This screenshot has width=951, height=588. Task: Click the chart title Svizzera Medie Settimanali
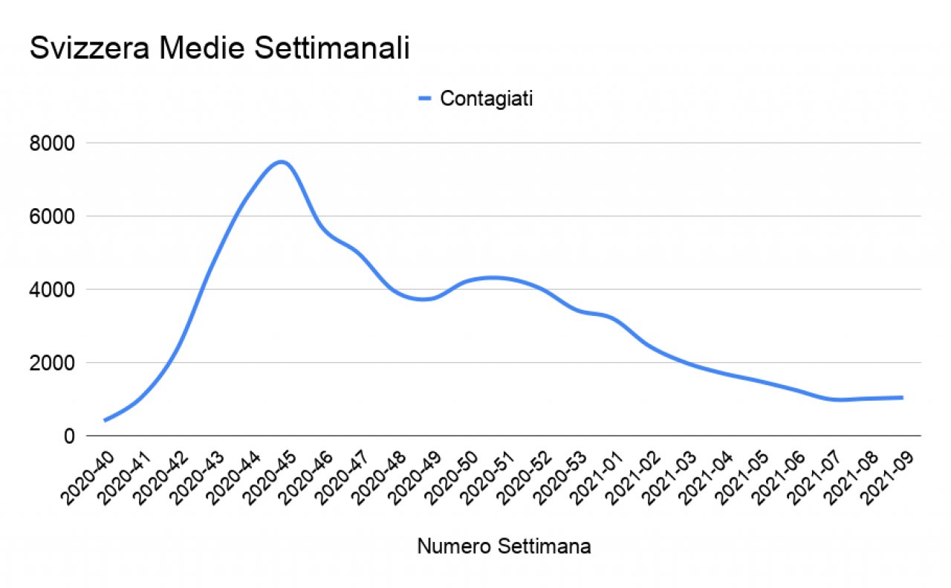(219, 49)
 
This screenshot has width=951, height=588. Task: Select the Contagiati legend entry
(485, 99)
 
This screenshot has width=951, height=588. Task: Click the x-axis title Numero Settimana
(504, 547)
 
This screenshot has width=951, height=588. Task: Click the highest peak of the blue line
(281, 162)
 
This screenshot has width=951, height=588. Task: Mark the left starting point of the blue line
(106, 421)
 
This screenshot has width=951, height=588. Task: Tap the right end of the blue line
(902, 398)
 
